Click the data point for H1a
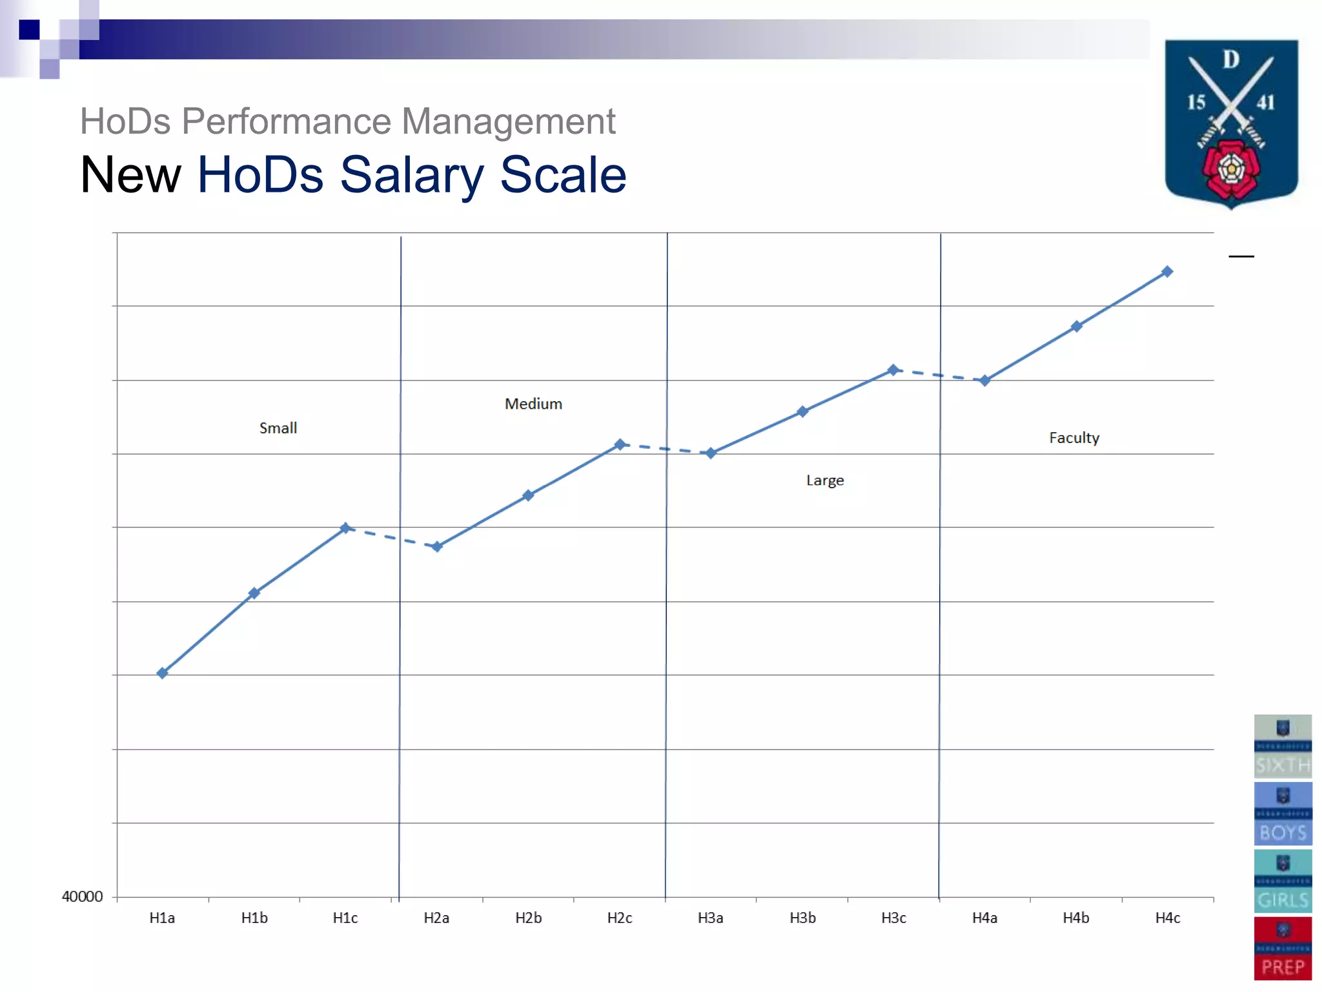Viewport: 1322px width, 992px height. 163,673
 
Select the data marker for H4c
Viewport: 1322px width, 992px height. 1167,272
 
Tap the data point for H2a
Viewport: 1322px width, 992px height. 437,547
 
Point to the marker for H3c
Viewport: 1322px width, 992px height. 893,370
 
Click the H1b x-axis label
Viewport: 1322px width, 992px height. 254,918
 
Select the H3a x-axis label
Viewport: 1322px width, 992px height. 711,918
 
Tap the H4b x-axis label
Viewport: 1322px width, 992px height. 1076,918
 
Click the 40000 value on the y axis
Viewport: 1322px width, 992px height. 82,896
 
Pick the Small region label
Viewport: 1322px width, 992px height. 278,428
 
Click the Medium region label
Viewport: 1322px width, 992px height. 533,404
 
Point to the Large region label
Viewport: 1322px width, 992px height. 825,480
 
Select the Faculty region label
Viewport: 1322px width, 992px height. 1074,438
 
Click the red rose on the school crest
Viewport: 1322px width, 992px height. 1231,170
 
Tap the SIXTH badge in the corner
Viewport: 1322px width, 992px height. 1283,746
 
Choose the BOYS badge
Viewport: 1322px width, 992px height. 1283,814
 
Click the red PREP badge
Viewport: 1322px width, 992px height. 1283,949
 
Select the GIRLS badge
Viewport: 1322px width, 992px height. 1283,881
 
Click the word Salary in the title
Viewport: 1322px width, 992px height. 411,175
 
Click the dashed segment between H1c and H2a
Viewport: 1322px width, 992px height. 391,537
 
